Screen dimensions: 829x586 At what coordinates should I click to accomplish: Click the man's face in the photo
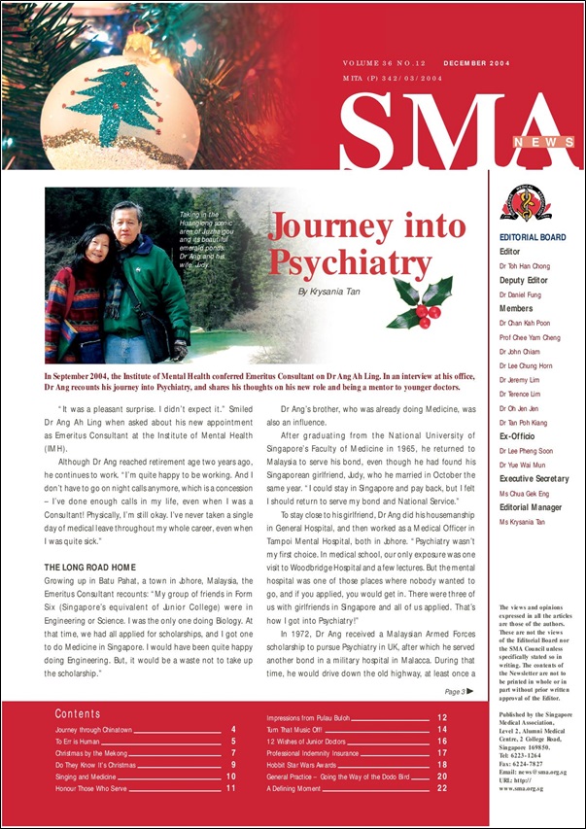[125, 223]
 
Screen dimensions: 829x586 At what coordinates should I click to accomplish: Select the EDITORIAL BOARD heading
[532, 237]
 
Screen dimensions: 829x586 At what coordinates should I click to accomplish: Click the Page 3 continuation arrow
[470, 692]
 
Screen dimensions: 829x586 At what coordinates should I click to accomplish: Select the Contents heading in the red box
[77, 714]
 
